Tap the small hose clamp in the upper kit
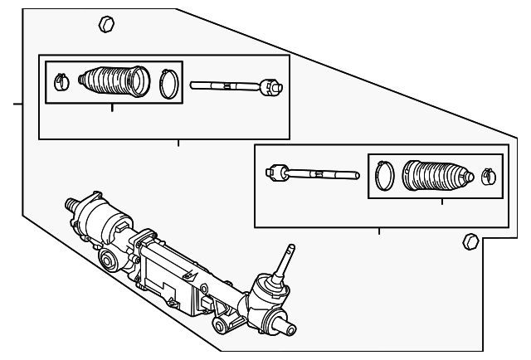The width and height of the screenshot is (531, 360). pos(59,81)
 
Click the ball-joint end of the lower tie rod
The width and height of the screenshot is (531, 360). pos(275,173)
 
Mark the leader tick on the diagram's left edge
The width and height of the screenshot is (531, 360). pos(17,105)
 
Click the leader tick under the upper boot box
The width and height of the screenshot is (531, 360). pos(112,108)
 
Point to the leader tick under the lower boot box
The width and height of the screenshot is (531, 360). pos(441,202)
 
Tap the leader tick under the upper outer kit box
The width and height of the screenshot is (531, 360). pos(178,142)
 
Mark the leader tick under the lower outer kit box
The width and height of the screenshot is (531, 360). pos(379,230)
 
